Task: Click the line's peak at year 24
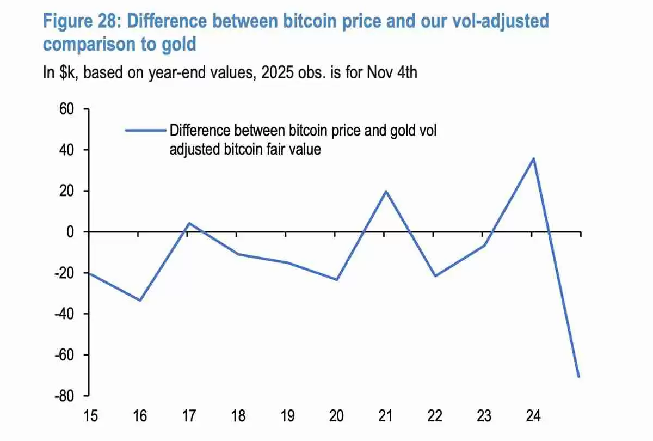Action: coord(533,158)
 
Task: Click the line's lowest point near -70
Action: coord(578,376)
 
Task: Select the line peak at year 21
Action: coord(385,191)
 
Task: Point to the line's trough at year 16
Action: coord(140,300)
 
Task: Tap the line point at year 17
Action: coord(189,223)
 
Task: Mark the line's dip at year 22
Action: coord(434,276)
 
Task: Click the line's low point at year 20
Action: coord(336,279)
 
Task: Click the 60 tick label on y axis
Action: coord(66,109)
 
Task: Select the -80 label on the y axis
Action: coord(64,396)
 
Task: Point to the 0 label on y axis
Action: coord(70,232)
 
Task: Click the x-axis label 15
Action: coord(91,416)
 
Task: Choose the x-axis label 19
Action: coord(287,416)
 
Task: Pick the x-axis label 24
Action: coord(533,416)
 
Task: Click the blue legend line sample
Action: coord(145,131)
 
